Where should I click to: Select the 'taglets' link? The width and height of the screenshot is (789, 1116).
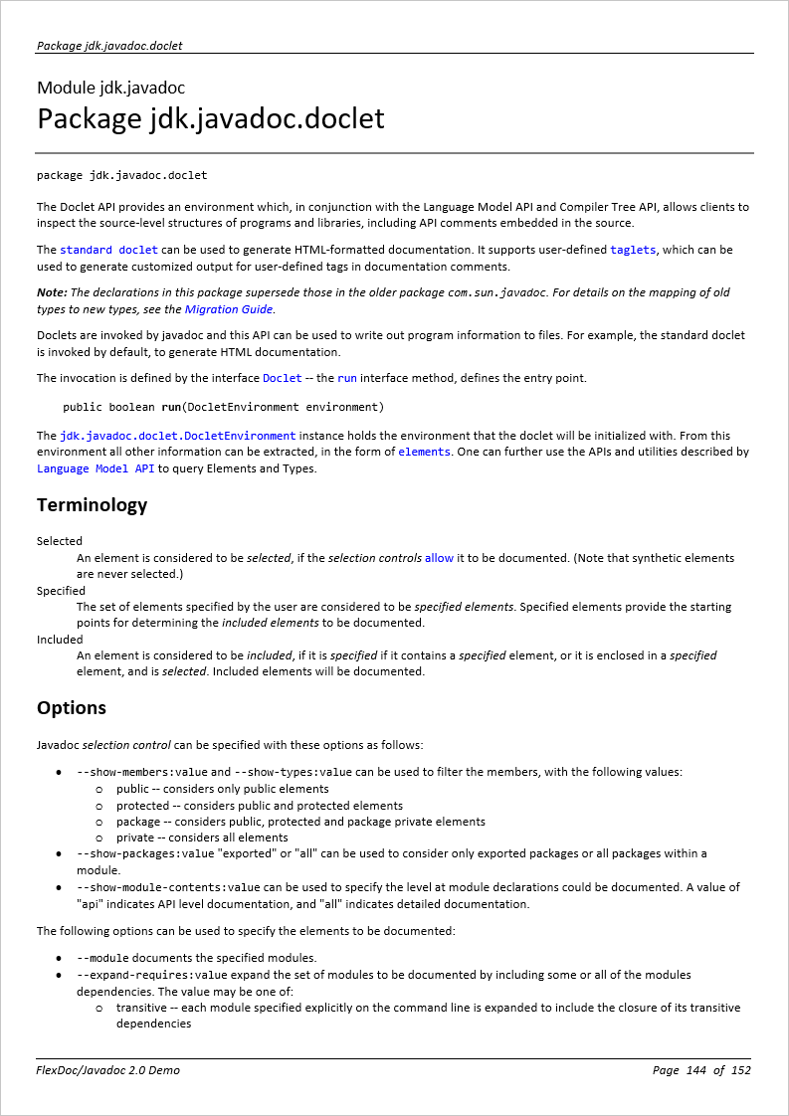pos(633,250)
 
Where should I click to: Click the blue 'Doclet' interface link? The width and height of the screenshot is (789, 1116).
pos(282,378)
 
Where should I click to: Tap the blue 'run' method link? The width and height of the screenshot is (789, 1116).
pos(346,378)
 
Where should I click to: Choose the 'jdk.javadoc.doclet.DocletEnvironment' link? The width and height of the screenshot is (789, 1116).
pos(177,436)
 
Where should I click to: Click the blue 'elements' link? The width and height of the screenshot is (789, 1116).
pos(424,452)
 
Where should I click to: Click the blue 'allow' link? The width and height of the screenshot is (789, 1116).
pos(439,558)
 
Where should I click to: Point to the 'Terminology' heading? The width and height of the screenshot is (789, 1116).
pos(92,504)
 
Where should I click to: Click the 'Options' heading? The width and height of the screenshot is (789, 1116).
pos(72,707)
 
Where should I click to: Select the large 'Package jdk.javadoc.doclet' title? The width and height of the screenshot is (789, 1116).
pos(210,118)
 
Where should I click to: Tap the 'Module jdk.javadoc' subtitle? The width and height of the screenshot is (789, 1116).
pos(110,88)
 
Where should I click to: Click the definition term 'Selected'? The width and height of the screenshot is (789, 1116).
pos(60,541)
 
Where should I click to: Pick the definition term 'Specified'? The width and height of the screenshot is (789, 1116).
pos(61,590)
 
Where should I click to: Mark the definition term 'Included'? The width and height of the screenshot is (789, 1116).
pos(60,639)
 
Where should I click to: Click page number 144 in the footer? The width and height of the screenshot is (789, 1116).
pos(695,1070)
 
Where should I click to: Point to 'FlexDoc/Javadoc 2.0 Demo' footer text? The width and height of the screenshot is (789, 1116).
pos(108,1070)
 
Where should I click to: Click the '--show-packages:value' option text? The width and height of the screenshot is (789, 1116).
pos(145,853)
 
